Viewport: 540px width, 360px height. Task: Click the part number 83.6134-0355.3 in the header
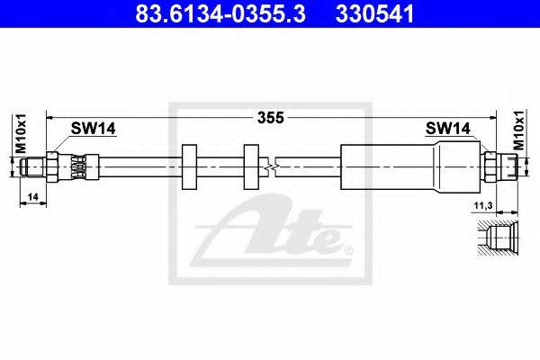pyautogui.click(x=220, y=13)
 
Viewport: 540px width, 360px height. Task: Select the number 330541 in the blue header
pyautogui.click(x=374, y=13)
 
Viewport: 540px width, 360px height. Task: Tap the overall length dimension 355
pyautogui.click(x=271, y=118)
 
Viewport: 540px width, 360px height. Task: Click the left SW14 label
pyautogui.click(x=93, y=129)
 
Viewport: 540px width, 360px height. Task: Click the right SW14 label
pyautogui.click(x=447, y=129)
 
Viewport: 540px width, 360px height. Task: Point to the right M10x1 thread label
pyautogui.click(x=519, y=130)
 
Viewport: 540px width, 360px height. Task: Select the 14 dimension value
pyautogui.click(x=33, y=197)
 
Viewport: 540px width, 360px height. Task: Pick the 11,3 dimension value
pyautogui.click(x=483, y=206)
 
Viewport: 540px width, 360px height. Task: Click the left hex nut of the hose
pyautogui.click(x=52, y=166)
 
